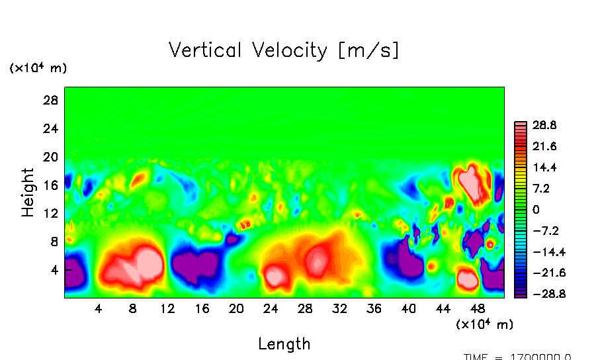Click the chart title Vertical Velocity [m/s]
coord(284,50)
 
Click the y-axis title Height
coord(28,193)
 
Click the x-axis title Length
coord(284,343)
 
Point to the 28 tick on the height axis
coord(52,101)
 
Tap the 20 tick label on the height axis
coord(52,157)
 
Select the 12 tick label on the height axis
coord(52,213)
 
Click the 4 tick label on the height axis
coord(55,270)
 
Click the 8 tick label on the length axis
coord(133,308)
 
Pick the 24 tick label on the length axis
coord(271,308)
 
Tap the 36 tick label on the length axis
coord(374,308)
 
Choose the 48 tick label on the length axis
coord(478,308)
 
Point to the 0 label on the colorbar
coord(536,209)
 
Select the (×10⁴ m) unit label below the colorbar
coord(484,324)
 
